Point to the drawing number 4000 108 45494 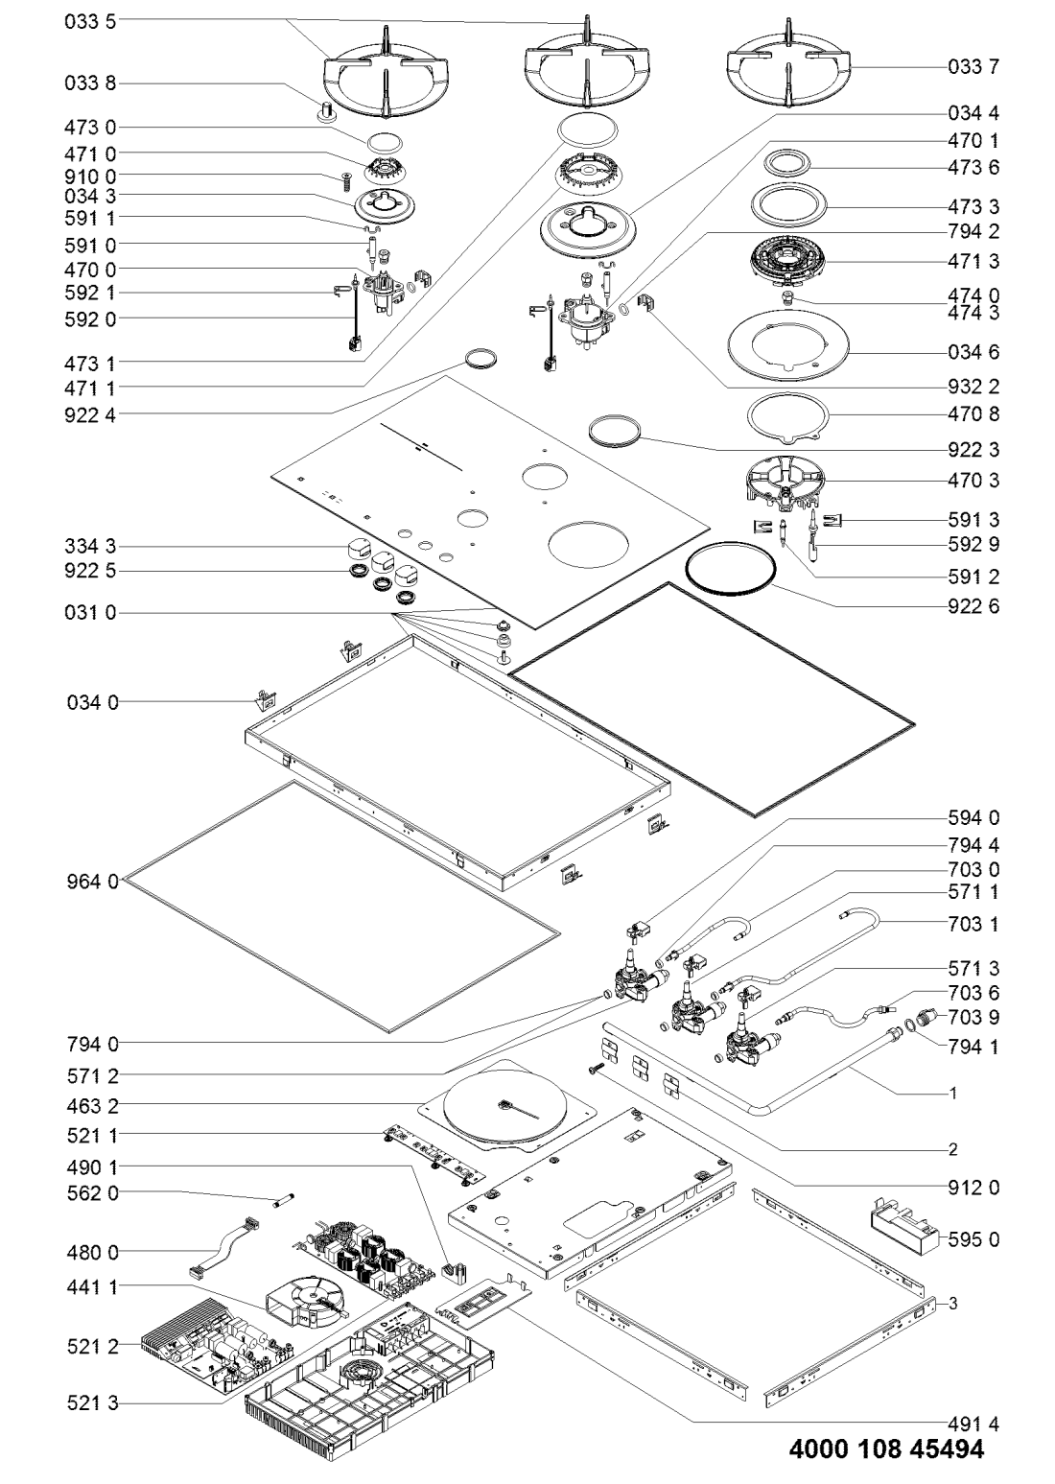pos(886,1450)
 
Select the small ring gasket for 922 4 pos(481,359)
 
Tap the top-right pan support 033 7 pos(788,69)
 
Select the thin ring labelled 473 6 pos(791,161)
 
